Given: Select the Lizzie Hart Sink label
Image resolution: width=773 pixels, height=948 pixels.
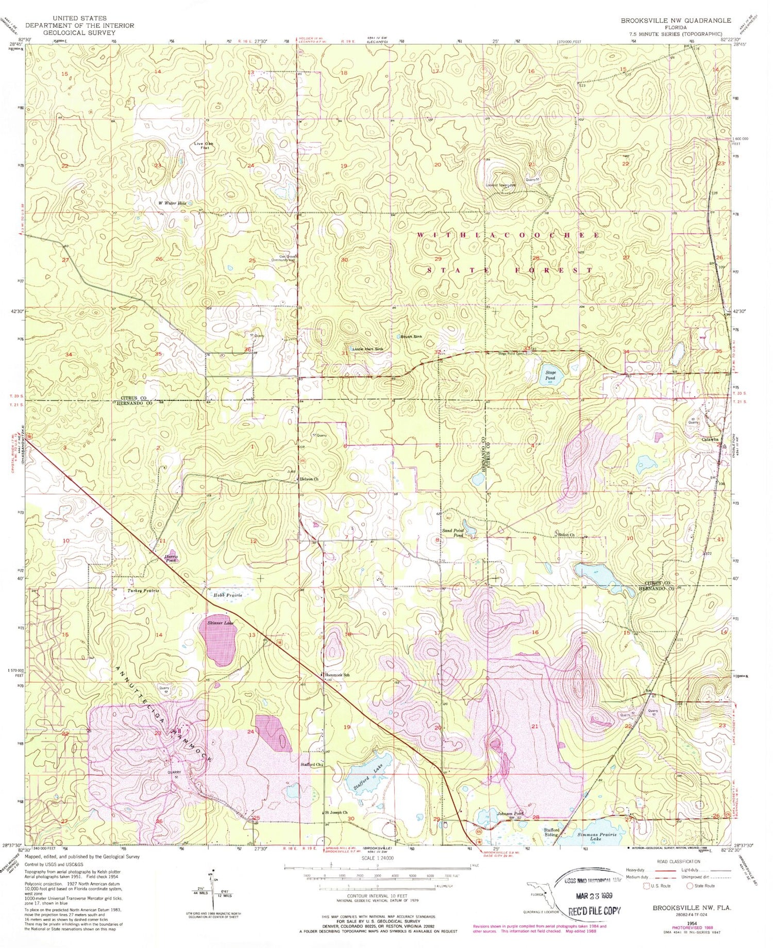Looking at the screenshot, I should click(x=368, y=349).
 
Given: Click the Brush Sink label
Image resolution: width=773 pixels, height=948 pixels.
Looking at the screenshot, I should click(x=411, y=336).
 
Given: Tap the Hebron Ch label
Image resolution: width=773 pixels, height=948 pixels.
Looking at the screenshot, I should click(x=309, y=479).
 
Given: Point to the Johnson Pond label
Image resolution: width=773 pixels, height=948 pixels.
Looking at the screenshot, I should click(x=511, y=813).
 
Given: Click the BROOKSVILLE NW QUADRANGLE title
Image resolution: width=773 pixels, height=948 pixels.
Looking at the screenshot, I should click(x=675, y=21).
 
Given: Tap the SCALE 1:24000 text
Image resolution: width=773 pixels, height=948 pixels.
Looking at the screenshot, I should click(x=377, y=858).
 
